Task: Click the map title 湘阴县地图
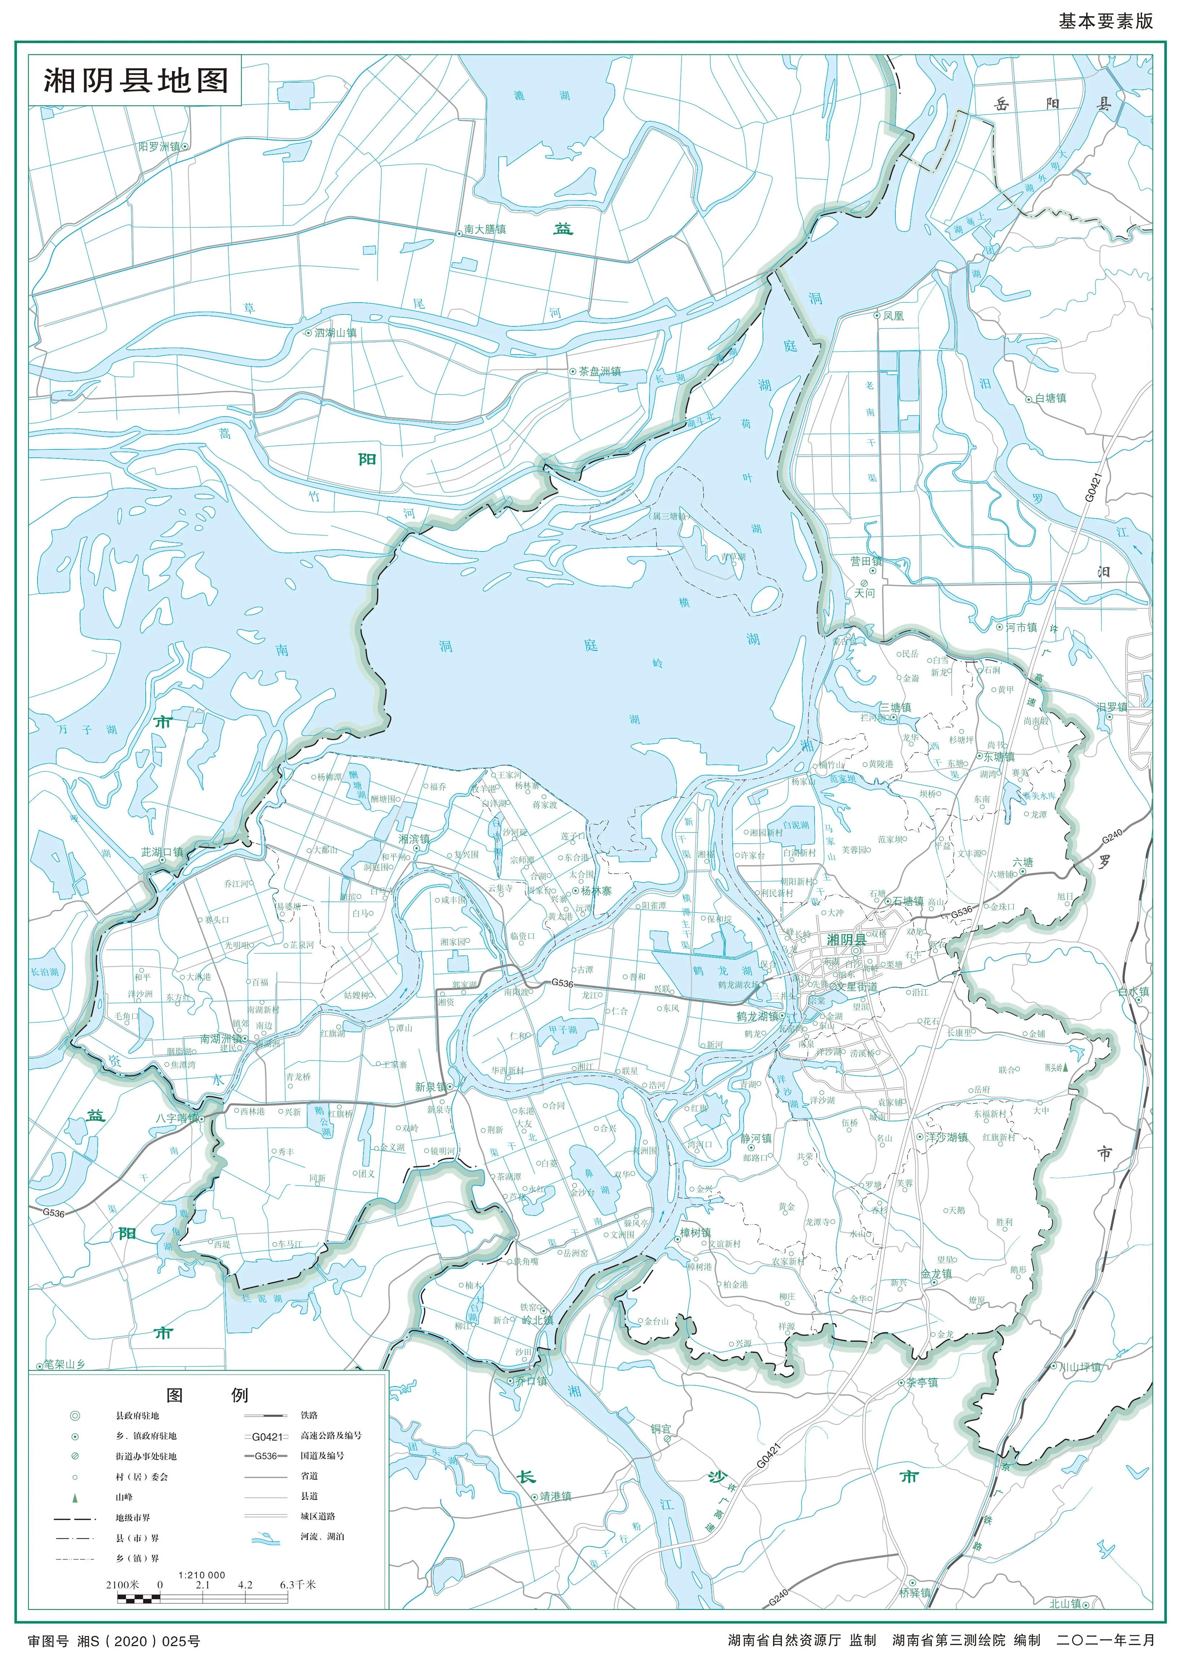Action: (x=136, y=81)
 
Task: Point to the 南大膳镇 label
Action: (x=485, y=229)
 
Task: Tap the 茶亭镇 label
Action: (x=921, y=1382)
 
